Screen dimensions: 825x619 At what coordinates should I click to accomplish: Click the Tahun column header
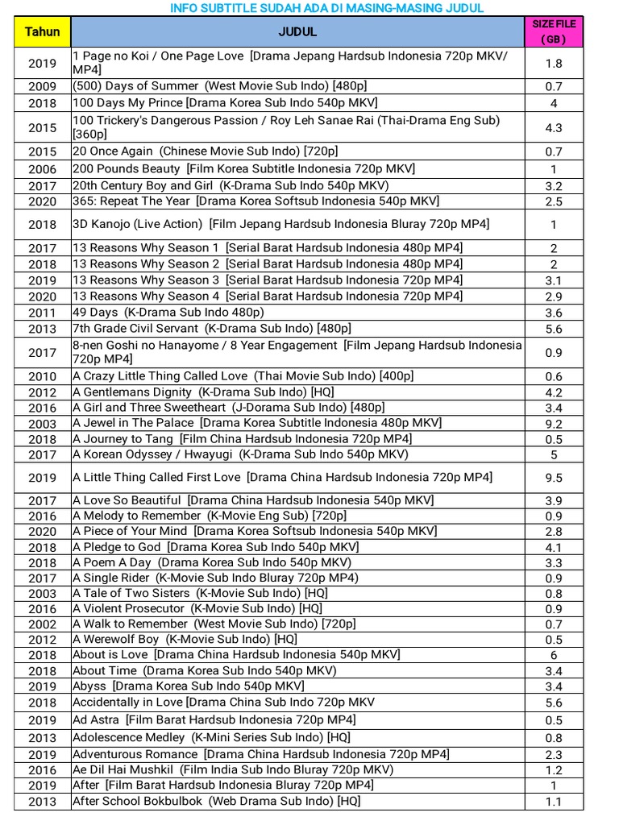[42, 32]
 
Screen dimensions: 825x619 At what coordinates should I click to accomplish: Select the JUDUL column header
[297, 32]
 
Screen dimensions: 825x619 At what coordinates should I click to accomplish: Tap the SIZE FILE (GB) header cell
[554, 32]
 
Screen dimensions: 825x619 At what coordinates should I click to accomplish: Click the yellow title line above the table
[327, 8]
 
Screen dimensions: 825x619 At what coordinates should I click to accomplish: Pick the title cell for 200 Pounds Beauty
[244, 168]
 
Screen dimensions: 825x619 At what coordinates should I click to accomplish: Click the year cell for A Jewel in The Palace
[42, 424]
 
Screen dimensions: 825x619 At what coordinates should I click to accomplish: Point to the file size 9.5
[554, 478]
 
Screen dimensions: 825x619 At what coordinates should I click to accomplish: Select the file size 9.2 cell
[554, 424]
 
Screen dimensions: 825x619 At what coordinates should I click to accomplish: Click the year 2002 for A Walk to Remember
[42, 624]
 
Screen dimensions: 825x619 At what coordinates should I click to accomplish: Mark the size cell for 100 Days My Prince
[554, 103]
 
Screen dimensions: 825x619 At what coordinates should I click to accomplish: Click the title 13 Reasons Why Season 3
[268, 280]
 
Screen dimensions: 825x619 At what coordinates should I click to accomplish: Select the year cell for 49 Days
[42, 313]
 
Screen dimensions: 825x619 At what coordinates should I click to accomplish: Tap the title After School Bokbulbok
[217, 801]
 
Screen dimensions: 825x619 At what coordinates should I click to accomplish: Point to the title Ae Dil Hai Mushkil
[233, 769]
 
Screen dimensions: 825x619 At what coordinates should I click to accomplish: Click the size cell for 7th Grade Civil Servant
[554, 329]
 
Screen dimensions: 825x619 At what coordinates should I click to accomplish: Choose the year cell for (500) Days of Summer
[42, 87]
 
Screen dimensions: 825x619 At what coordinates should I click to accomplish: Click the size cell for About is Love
[554, 655]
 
